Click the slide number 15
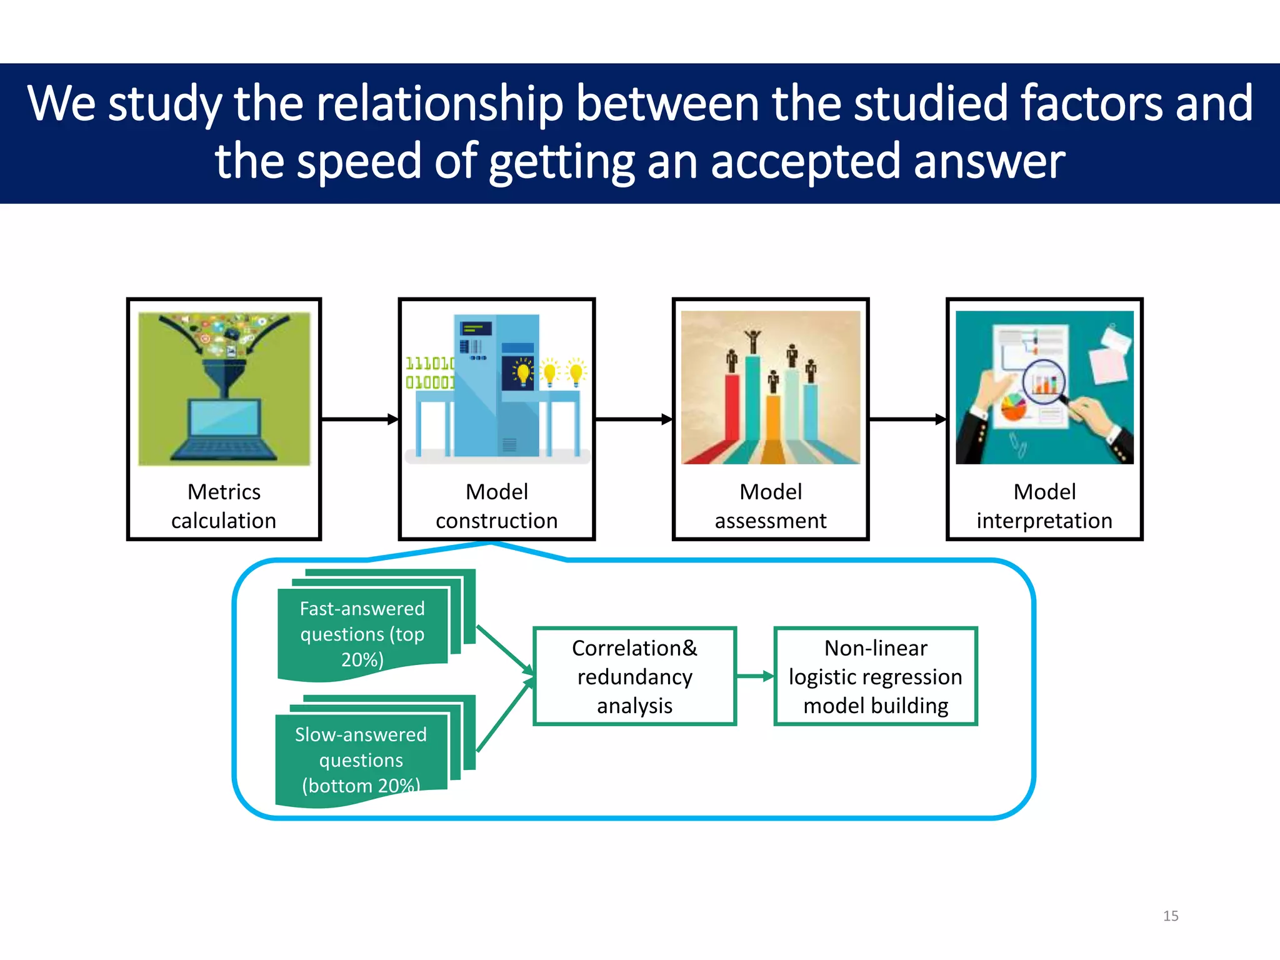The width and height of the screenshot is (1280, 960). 1170,916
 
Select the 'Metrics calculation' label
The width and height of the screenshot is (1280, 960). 224,506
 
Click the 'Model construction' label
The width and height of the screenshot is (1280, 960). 497,506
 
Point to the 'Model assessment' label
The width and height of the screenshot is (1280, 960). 771,506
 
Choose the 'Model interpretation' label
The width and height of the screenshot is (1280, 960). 1044,506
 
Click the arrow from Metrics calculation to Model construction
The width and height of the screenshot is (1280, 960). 359,419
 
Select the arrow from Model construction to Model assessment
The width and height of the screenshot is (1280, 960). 633,419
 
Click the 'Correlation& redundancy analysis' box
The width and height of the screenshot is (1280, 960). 634,676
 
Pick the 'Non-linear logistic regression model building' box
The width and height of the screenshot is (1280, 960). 876,676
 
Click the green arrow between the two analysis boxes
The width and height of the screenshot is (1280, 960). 755,676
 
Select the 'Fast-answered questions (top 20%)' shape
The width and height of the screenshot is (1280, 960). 362,633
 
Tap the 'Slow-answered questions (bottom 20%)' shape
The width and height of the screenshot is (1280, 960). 361,759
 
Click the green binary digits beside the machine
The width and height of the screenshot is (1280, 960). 429,372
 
